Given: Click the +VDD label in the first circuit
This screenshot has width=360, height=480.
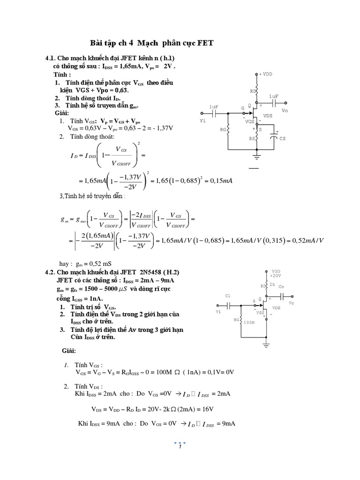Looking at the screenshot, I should point(265,74).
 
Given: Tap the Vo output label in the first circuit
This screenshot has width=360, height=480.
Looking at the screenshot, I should point(285,111).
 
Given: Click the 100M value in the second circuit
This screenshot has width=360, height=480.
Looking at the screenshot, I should point(249,322).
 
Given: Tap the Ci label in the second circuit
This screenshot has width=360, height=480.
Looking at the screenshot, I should point(228,296).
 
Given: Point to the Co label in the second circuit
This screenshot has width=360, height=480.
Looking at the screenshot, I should point(281,286).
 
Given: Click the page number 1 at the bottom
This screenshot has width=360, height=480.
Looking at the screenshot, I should point(180,448).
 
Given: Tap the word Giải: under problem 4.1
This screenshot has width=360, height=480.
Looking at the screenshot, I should point(61,113).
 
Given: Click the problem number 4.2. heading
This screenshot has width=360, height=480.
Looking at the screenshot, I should point(50,272).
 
